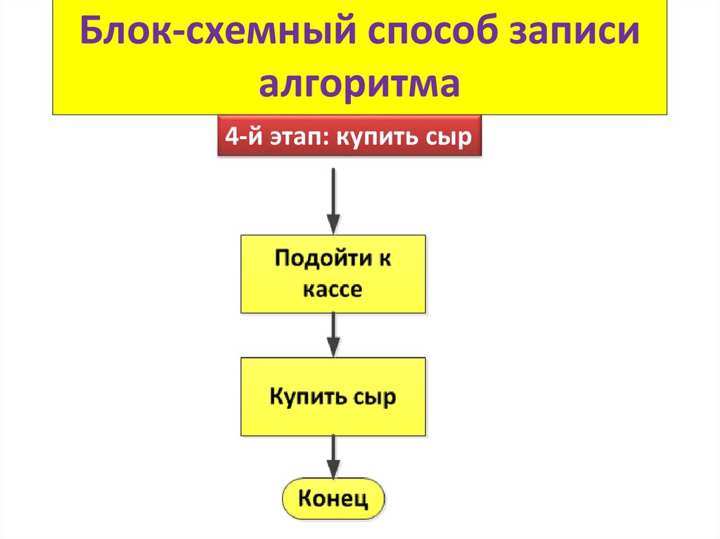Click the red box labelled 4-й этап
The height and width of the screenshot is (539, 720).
click(x=348, y=137)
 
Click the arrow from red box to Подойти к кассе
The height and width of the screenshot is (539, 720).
click(x=334, y=200)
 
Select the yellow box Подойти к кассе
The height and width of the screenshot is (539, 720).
click(x=333, y=273)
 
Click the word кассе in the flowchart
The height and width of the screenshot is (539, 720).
click(x=333, y=289)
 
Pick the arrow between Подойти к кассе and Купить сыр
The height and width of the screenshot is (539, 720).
click(x=334, y=335)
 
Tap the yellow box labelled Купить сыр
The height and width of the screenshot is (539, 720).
click(x=333, y=396)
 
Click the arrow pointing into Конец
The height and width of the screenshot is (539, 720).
click(x=334, y=457)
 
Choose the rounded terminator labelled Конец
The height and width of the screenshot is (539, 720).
click(x=334, y=500)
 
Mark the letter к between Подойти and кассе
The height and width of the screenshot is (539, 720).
click(x=385, y=258)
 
